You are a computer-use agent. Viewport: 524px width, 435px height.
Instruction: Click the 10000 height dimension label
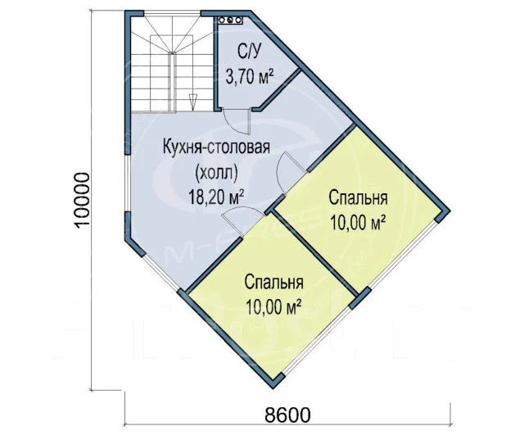(82, 201)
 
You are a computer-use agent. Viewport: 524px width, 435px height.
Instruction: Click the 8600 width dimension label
(287, 415)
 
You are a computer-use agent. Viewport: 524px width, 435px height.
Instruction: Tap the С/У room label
(249, 52)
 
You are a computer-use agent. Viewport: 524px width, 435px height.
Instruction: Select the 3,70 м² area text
(250, 76)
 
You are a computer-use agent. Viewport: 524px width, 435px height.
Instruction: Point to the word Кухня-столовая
(216, 147)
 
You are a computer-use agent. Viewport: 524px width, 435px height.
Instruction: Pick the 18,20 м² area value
(215, 197)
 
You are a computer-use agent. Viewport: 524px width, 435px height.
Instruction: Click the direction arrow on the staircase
(192, 102)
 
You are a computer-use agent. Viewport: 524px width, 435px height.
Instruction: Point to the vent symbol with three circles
(230, 20)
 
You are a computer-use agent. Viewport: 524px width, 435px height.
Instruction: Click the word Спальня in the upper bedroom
(358, 198)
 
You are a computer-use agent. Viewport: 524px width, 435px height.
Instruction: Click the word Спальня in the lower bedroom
(273, 283)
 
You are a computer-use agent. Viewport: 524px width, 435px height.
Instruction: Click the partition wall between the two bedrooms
(314, 251)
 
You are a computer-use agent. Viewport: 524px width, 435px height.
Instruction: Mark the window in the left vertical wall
(128, 184)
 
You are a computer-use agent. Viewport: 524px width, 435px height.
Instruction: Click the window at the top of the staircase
(172, 13)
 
